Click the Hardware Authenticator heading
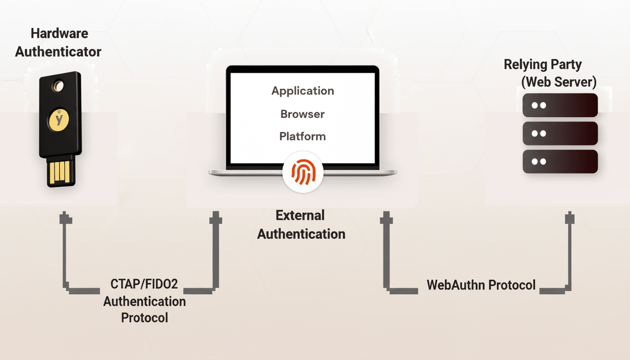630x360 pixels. coord(58,43)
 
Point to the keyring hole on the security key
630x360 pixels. coord(59,86)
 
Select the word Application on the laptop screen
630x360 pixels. coord(303,91)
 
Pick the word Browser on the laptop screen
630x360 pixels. coord(302,114)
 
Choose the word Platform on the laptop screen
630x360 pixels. coord(302,136)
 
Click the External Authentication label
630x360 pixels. coord(301,225)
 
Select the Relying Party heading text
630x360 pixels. coord(542,65)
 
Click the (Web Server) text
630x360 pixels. coord(559,82)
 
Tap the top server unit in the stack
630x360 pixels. coord(560,105)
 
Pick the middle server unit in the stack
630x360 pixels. coord(560,133)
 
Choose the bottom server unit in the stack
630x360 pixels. coord(560,161)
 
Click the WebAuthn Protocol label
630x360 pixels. coord(481,285)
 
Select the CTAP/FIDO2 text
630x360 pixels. coord(144,285)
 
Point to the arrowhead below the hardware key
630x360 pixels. coord(65,218)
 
